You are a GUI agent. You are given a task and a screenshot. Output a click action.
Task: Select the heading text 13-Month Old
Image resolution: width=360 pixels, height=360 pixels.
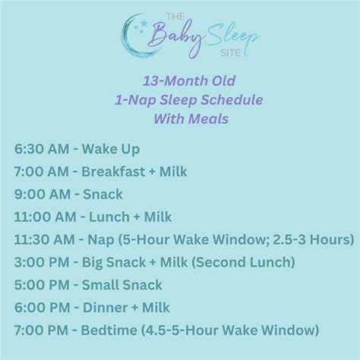180,81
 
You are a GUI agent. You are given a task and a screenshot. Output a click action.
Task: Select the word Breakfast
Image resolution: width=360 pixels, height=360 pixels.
122,172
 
